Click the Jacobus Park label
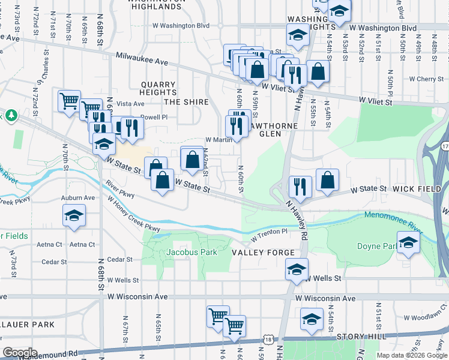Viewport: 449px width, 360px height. (191, 252)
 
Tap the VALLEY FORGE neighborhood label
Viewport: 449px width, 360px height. (264, 253)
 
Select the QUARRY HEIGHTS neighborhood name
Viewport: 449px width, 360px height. (158, 89)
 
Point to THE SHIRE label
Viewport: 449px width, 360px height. (186, 102)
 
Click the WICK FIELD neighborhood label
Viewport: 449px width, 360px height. (417, 189)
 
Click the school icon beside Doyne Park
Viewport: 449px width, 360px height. (408, 243)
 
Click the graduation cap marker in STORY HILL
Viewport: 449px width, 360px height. (312, 319)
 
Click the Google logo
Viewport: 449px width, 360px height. (20, 353)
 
